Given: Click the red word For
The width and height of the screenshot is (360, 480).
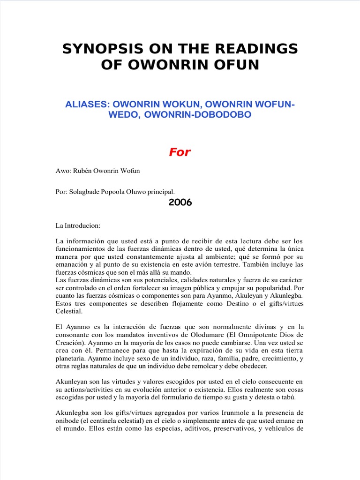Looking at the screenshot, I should click(x=180, y=152).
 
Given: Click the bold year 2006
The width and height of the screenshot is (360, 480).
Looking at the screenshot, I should click(x=180, y=202).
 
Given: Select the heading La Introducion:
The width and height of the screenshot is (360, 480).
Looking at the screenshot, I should click(x=78, y=225).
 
